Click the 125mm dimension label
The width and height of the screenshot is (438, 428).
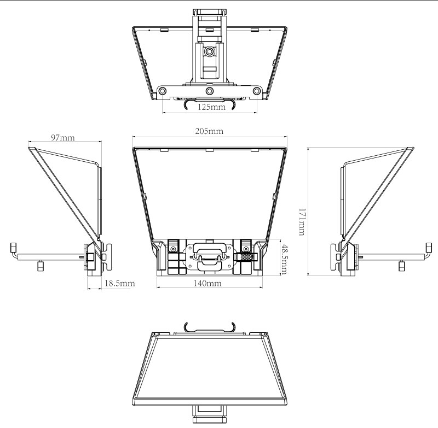pyautogui.click(x=211, y=107)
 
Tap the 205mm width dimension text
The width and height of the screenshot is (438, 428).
pyautogui.click(x=209, y=131)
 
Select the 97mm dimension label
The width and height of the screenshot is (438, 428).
pyautogui.click(x=63, y=137)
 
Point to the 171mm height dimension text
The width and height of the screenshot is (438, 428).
pyautogui.click(x=302, y=222)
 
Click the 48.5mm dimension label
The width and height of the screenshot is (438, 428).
pyautogui.click(x=284, y=259)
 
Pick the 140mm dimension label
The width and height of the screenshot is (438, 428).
pyautogui.click(x=208, y=283)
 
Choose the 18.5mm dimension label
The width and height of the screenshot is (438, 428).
pyautogui.click(x=119, y=283)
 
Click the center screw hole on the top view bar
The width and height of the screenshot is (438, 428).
pyautogui.click(x=210, y=91)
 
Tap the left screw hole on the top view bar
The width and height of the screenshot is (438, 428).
pyautogui.click(x=162, y=91)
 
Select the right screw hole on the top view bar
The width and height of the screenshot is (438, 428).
pyautogui.click(x=256, y=91)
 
